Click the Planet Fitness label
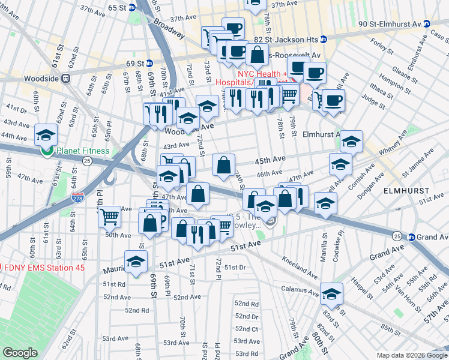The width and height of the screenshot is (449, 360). [x=83, y=151]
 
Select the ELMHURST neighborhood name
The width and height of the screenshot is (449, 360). [x=406, y=190]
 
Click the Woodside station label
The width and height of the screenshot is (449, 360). [x=35, y=78]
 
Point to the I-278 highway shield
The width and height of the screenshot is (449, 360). [x=77, y=198]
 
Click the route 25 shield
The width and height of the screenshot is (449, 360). [x=87, y=161]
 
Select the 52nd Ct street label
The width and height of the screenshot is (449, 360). [x=246, y=329]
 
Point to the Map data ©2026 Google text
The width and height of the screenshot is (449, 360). [x=411, y=355]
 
